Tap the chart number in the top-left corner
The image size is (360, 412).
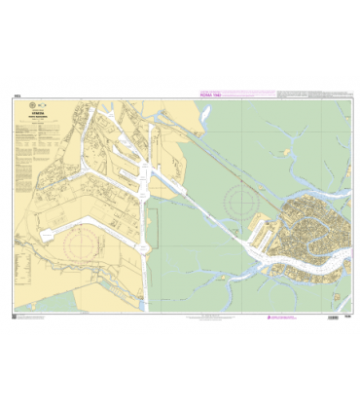(x=18, y=95)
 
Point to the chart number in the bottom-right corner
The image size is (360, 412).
(x=345, y=317)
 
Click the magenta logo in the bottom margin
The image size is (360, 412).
(x=271, y=318)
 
